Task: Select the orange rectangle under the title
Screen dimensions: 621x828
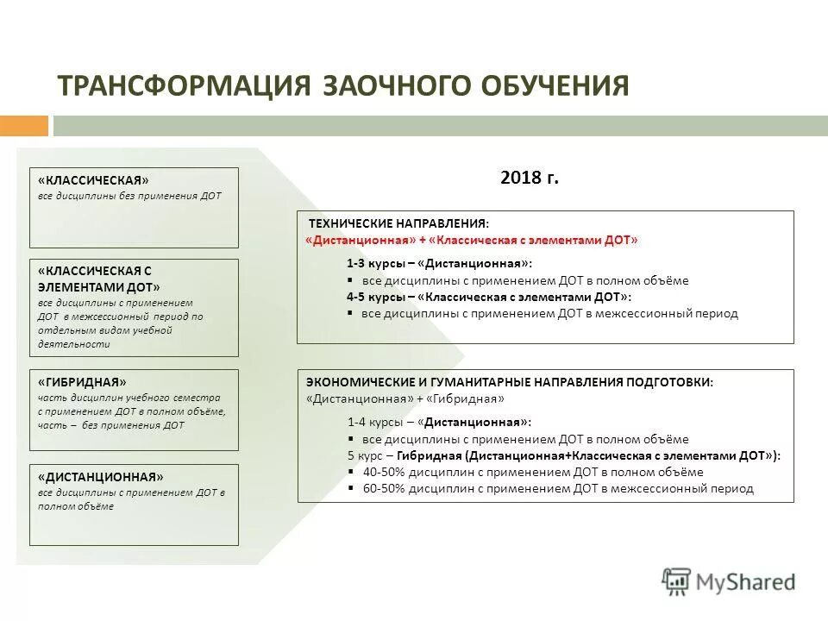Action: point(24,126)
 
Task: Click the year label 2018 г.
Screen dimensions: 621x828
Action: point(530,179)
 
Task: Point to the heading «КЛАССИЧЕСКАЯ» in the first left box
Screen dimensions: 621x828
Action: point(93,180)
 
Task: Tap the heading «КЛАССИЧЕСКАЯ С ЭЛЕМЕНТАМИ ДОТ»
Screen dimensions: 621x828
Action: point(99,279)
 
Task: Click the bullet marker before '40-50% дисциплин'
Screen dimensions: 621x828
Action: point(351,472)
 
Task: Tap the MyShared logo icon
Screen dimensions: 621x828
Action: point(677,581)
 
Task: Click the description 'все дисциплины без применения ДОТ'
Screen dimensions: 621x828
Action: point(129,196)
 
